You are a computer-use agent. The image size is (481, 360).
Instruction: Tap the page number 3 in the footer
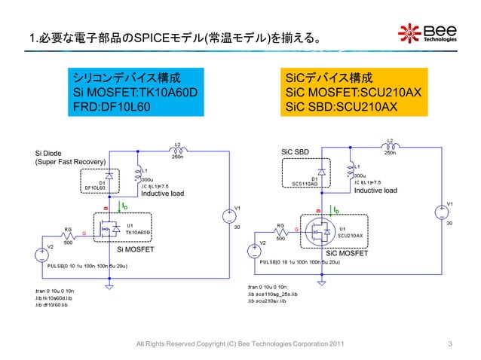tap(450, 344)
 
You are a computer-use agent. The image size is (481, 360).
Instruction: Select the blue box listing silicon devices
tap(127, 92)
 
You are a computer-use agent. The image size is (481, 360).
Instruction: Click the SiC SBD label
tap(295, 152)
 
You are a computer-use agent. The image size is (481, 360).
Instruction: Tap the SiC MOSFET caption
tap(348, 255)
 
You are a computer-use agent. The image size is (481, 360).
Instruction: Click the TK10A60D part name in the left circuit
tap(141, 233)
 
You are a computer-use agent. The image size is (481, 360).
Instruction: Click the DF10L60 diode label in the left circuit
tap(94, 188)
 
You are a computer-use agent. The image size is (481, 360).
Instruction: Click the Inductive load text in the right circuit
tap(375, 191)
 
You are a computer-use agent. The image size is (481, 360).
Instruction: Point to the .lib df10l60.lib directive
tap(53, 305)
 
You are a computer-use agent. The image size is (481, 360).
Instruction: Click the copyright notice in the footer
tap(240, 344)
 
